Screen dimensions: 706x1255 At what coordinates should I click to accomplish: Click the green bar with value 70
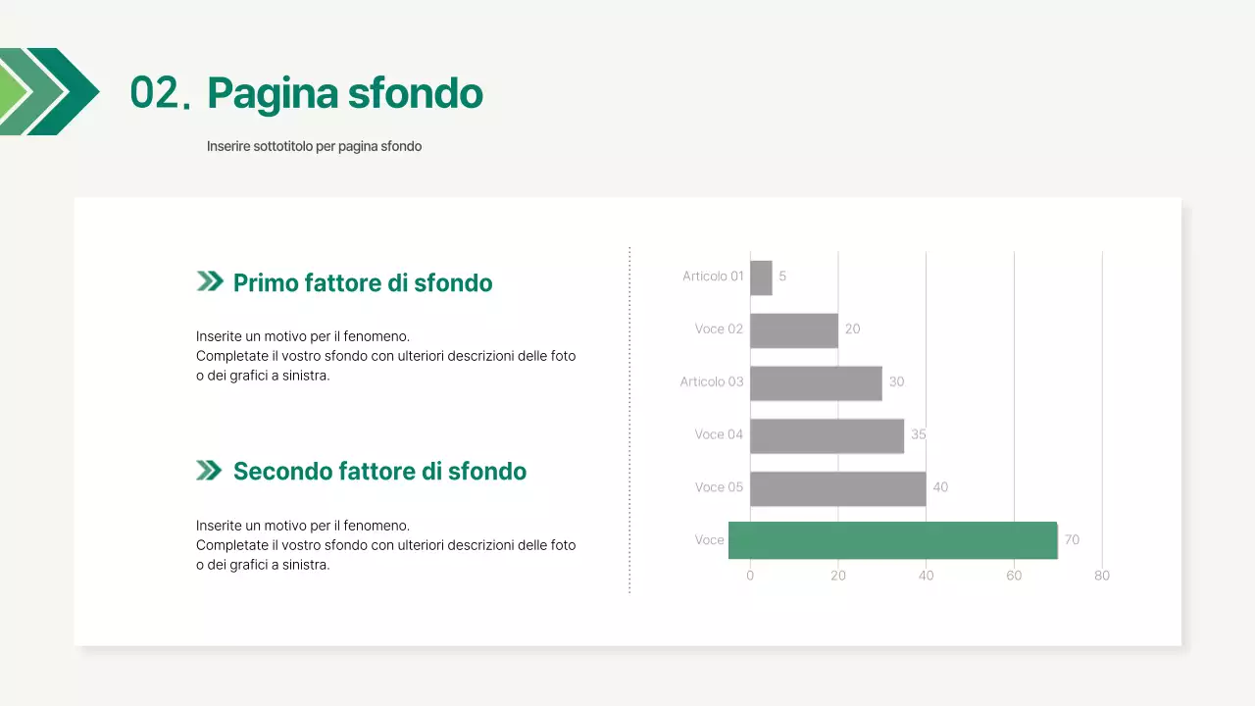pyautogui.click(x=892, y=540)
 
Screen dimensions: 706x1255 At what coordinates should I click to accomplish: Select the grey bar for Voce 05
pyautogui.click(x=838, y=488)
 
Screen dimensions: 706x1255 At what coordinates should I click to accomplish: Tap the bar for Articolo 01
pyautogui.click(x=761, y=277)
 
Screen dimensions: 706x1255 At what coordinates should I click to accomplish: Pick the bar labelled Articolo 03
pyautogui.click(x=816, y=382)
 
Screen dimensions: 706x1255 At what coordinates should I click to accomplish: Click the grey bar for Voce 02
pyautogui.click(x=794, y=330)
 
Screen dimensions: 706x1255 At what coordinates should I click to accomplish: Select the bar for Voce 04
pyautogui.click(x=827, y=435)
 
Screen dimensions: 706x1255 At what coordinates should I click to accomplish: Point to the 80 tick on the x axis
pyautogui.click(x=1102, y=576)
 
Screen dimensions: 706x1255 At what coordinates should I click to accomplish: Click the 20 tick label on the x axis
pyautogui.click(x=838, y=576)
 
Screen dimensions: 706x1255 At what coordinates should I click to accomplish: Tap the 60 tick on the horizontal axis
pyautogui.click(x=1014, y=576)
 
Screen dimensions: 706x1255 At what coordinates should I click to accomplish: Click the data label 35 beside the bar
pyautogui.click(x=919, y=434)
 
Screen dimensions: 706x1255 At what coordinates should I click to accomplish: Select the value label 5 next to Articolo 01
pyautogui.click(x=782, y=277)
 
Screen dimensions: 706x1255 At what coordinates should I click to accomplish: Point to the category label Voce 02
pyautogui.click(x=719, y=329)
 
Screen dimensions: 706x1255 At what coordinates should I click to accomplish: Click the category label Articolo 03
pyautogui.click(x=712, y=381)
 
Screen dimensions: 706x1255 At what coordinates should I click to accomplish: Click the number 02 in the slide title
pyautogui.click(x=152, y=93)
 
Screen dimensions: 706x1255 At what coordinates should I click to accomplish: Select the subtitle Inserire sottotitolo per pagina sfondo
pyautogui.click(x=314, y=146)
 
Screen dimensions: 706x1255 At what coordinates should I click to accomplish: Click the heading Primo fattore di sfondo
pyautogui.click(x=363, y=283)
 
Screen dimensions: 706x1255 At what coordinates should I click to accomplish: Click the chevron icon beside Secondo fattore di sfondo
pyautogui.click(x=209, y=471)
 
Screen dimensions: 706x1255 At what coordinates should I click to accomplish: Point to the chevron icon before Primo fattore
pyautogui.click(x=209, y=282)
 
